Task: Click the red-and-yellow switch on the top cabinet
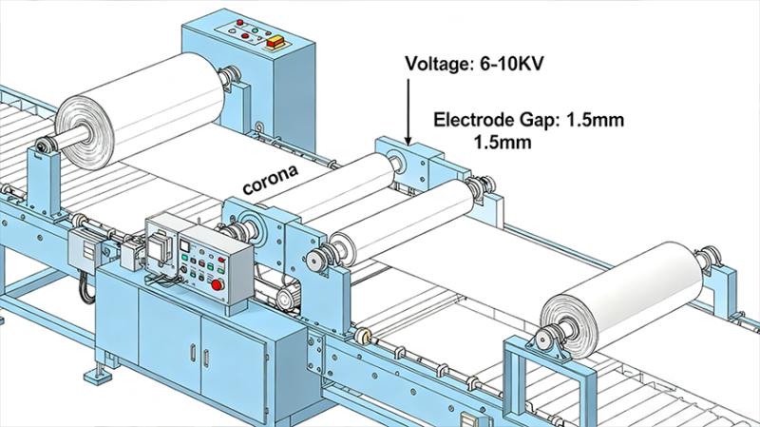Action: (278, 42)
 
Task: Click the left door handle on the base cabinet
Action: (193, 353)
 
